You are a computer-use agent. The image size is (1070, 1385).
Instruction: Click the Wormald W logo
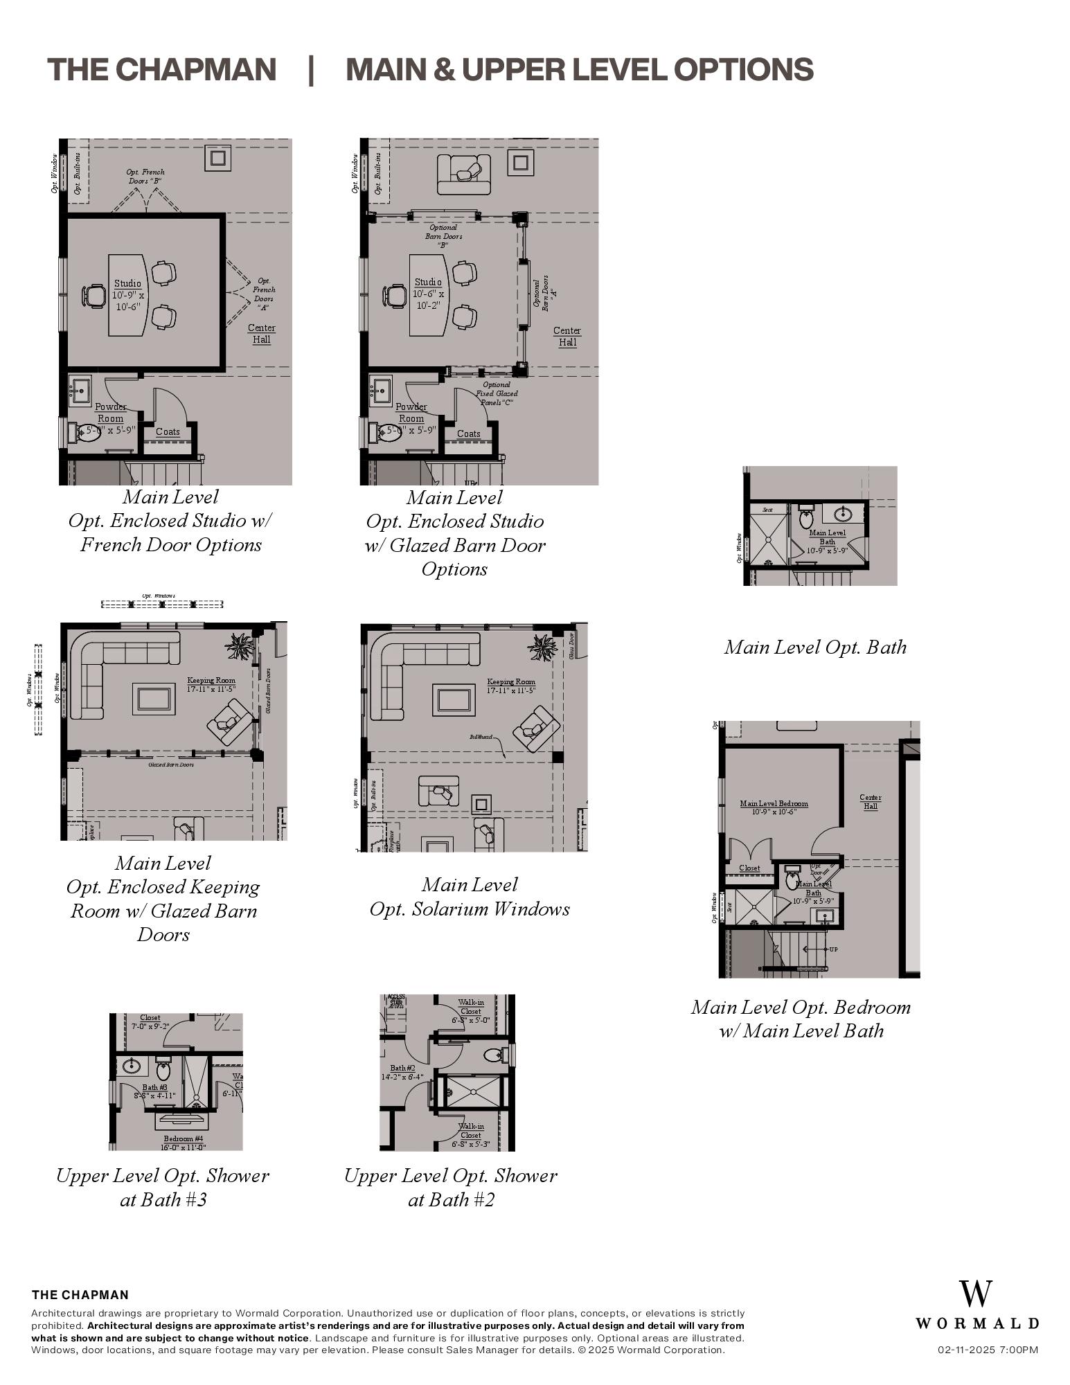(x=976, y=1294)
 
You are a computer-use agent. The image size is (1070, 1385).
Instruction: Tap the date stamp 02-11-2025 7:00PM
(x=988, y=1350)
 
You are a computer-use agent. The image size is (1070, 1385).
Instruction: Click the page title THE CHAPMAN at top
(x=161, y=69)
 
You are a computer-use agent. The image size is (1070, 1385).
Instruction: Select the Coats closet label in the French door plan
(x=168, y=432)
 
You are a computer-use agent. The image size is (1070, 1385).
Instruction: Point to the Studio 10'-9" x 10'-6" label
(x=127, y=294)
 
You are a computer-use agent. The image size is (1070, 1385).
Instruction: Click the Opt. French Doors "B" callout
(x=145, y=176)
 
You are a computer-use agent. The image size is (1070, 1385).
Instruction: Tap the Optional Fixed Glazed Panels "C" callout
(x=497, y=393)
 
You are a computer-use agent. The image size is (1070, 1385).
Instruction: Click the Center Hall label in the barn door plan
(x=567, y=337)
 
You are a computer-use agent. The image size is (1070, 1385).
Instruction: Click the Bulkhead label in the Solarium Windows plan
(x=481, y=737)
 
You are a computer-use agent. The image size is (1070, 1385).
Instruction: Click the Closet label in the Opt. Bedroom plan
(x=749, y=868)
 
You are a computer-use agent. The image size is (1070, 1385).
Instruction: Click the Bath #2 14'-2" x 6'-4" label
(x=402, y=1073)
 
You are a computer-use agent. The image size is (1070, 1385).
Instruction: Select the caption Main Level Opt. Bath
(x=815, y=647)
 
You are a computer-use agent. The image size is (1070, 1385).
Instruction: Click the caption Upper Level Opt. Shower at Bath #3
(x=163, y=1187)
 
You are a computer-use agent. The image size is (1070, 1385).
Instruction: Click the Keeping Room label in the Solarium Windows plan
(x=511, y=686)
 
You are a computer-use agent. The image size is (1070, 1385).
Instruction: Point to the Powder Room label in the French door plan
(x=111, y=413)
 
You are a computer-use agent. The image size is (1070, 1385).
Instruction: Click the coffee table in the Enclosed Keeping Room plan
(x=154, y=699)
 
